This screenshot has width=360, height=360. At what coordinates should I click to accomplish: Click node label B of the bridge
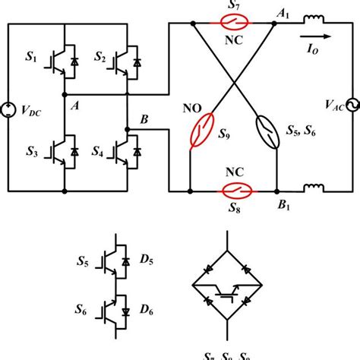(145, 120)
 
